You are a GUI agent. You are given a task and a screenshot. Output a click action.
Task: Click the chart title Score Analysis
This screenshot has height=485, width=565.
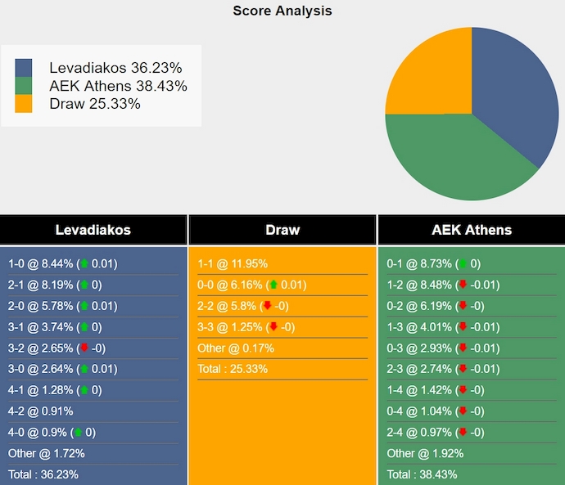tap(282, 11)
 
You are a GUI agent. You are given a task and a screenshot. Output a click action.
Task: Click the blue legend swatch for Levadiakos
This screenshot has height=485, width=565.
tap(24, 68)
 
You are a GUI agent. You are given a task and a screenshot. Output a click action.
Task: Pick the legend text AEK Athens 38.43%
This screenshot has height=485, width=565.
tap(118, 86)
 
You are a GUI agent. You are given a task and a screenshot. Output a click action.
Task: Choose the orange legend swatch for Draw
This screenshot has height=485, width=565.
tap(24, 104)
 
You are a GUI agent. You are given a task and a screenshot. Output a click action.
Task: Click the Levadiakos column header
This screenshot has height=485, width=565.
tap(93, 230)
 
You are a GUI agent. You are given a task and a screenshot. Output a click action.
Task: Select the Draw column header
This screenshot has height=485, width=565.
tap(282, 230)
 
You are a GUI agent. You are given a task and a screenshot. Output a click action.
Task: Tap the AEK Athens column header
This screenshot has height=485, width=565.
tap(471, 230)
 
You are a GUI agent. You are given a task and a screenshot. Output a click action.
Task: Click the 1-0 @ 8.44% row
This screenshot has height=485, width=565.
tap(63, 263)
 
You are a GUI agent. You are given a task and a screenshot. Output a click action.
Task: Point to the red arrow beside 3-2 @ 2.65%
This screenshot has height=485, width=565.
tap(83, 348)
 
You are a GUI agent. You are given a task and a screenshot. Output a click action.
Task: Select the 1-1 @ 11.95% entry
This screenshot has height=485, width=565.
tap(233, 263)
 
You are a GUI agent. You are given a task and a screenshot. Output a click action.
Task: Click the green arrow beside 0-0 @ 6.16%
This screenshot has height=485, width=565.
tap(272, 285)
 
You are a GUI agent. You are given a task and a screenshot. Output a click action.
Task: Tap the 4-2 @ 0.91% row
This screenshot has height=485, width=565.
tap(41, 411)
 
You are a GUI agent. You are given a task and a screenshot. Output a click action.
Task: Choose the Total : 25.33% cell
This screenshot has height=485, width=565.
tap(233, 369)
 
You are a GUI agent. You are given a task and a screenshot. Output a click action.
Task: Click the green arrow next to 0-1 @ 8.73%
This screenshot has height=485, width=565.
tap(463, 263)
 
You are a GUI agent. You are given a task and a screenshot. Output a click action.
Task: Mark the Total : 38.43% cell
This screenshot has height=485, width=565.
tap(422, 474)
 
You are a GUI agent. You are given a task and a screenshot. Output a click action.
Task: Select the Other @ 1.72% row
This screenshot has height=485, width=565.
tap(47, 453)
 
